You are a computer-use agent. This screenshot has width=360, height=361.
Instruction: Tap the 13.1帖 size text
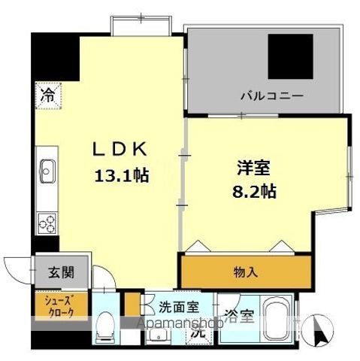120,175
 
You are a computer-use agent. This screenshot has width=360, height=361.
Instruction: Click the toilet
105,328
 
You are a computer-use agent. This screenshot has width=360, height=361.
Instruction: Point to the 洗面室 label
177,308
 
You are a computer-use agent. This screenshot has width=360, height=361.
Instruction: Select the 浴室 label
239,315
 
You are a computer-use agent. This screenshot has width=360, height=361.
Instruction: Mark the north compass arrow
324,329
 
